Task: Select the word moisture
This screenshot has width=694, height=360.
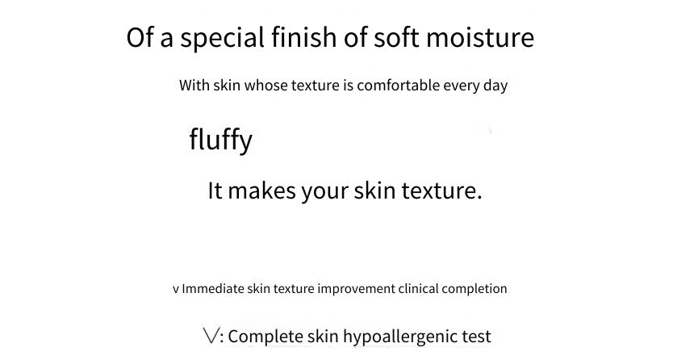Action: [x=480, y=37]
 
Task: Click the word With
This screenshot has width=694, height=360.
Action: [x=194, y=85]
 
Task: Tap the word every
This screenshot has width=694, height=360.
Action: [x=462, y=86]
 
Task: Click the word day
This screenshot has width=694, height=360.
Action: [x=495, y=86]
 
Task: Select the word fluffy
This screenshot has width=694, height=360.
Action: [x=220, y=140]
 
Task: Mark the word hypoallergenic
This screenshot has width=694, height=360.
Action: [x=400, y=337]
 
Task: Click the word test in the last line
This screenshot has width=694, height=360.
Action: [x=477, y=337]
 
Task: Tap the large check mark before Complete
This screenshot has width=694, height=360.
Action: [x=211, y=335]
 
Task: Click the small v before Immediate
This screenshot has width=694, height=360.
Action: [x=176, y=290]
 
